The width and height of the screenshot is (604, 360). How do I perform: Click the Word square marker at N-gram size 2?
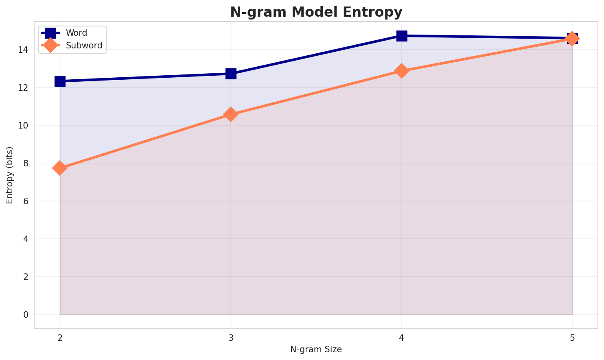pyautogui.click(x=60, y=81)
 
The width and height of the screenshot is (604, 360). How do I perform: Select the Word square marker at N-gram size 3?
pyautogui.click(x=231, y=74)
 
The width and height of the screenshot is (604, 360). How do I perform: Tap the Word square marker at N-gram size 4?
pyautogui.click(x=402, y=36)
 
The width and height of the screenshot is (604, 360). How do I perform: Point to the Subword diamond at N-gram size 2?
pyautogui.click(x=60, y=168)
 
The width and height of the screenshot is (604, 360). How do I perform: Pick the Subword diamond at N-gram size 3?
pyautogui.click(x=231, y=114)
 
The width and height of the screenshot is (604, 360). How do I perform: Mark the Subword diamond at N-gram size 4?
pyautogui.click(x=402, y=71)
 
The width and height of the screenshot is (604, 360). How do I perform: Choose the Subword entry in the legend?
pyautogui.click(x=84, y=46)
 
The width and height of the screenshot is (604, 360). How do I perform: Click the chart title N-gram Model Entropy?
pyautogui.click(x=316, y=12)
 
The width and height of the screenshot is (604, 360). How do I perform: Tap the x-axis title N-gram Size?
pyautogui.click(x=316, y=349)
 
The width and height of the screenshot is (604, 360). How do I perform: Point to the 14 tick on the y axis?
pyautogui.click(x=25, y=50)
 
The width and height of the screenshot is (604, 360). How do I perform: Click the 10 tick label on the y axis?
pyautogui.click(x=25, y=126)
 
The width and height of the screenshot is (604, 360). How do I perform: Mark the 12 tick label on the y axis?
pyautogui.click(x=25, y=88)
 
